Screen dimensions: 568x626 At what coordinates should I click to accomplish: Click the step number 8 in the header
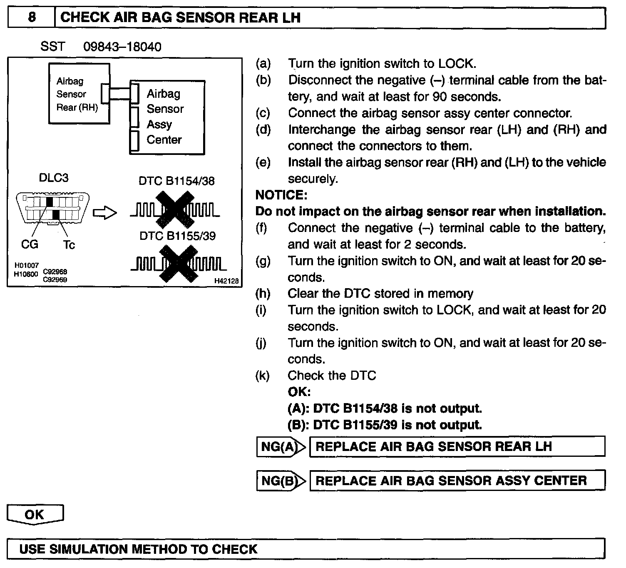pos(32,17)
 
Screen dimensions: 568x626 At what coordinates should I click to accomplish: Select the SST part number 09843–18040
pos(122,47)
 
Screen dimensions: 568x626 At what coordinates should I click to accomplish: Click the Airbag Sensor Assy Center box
pos(167,117)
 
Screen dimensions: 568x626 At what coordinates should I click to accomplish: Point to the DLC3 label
pos(53,178)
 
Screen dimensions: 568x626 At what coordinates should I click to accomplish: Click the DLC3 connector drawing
pos(52,208)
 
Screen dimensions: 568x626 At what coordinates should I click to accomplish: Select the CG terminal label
pos(29,244)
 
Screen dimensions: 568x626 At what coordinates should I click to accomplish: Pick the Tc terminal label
pos(69,245)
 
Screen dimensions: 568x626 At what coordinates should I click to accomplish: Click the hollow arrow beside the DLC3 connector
pos(104,213)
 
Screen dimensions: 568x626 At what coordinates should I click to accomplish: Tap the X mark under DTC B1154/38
pos(175,210)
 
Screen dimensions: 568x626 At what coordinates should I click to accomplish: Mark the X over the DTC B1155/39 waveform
pos(179,264)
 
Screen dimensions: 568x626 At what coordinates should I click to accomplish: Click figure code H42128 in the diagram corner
pos(226,281)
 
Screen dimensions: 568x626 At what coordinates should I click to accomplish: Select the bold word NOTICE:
pos(281,195)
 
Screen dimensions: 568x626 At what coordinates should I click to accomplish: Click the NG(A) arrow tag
pos(281,447)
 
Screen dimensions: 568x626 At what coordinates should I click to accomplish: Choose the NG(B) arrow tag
pos(281,481)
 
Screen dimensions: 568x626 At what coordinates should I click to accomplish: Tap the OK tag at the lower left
pos(35,515)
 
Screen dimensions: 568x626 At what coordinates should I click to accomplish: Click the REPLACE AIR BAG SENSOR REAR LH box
pos(457,447)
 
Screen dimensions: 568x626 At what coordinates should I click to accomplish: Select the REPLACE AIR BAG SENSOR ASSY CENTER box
pos(457,481)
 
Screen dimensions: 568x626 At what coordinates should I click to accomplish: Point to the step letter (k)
pos(263,376)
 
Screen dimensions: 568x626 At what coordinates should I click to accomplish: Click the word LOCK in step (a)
pos(456,64)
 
